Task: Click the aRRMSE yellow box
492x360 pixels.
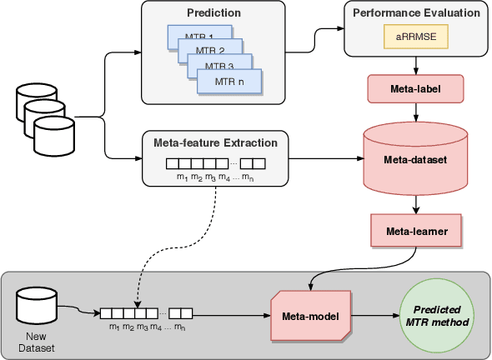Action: coord(414,37)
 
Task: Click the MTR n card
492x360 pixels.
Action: coord(229,82)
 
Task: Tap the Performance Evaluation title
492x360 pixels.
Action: coord(414,13)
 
